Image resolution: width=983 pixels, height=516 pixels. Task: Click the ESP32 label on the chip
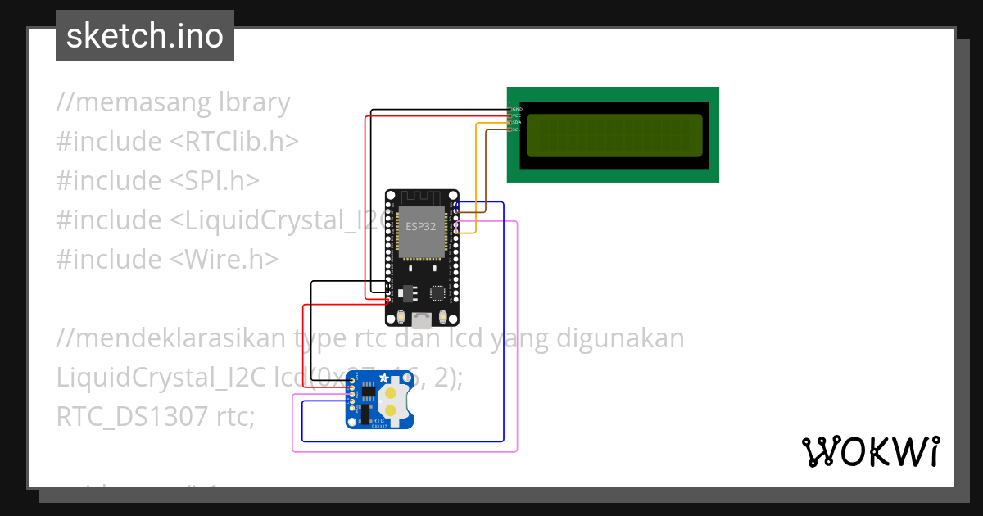[421, 227]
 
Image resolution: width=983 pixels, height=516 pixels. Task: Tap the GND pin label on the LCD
[518, 109]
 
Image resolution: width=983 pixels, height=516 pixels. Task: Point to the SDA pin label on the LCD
[518, 123]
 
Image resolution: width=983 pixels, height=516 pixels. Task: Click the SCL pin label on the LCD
[518, 129]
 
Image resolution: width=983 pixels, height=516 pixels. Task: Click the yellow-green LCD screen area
[614, 135]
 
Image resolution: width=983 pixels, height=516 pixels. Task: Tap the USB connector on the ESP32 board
[422, 319]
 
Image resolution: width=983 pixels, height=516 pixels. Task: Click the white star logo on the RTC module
[384, 378]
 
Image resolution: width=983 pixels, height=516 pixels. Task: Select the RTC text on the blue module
[378, 419]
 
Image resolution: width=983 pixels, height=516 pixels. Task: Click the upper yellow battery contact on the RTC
[392, 394]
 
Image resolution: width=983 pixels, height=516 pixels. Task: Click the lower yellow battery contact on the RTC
[392, 409]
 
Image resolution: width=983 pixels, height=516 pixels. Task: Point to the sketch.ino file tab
[145, 36]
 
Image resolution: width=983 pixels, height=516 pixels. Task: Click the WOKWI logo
[870, 451]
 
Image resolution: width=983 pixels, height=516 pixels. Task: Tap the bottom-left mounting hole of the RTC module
[353, 422]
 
